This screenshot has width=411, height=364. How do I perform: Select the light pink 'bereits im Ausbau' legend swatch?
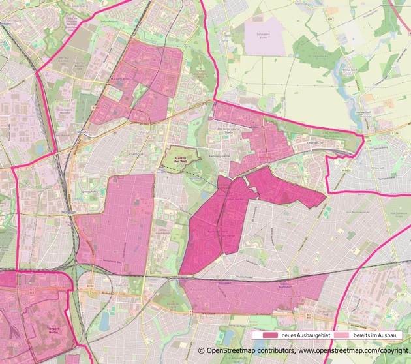pos(348,335)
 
